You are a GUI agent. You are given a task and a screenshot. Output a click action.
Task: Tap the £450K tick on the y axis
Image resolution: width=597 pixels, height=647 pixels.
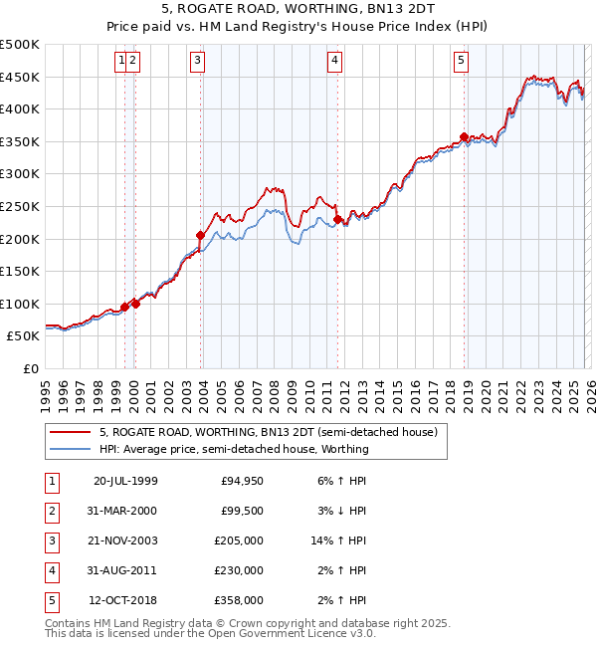[20, 77]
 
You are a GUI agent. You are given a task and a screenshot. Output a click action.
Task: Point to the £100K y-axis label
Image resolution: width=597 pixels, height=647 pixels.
[20, 304]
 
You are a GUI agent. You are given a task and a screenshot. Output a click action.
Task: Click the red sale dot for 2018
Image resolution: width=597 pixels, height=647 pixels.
[464, 137]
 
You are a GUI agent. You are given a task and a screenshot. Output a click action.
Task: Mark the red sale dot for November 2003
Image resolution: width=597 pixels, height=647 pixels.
[201, 236]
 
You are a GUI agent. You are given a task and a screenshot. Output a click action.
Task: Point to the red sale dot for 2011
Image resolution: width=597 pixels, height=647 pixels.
[337, 219]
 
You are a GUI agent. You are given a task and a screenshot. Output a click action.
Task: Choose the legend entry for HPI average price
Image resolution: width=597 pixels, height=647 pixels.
[234, 449]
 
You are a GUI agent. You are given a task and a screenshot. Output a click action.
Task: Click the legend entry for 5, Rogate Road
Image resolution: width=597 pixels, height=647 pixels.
[269, 432]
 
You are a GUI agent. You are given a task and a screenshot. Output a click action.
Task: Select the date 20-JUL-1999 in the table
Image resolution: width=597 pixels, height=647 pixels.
[125, 480]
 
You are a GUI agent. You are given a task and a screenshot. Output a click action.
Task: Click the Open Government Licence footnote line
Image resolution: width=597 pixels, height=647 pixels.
[211, 633]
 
